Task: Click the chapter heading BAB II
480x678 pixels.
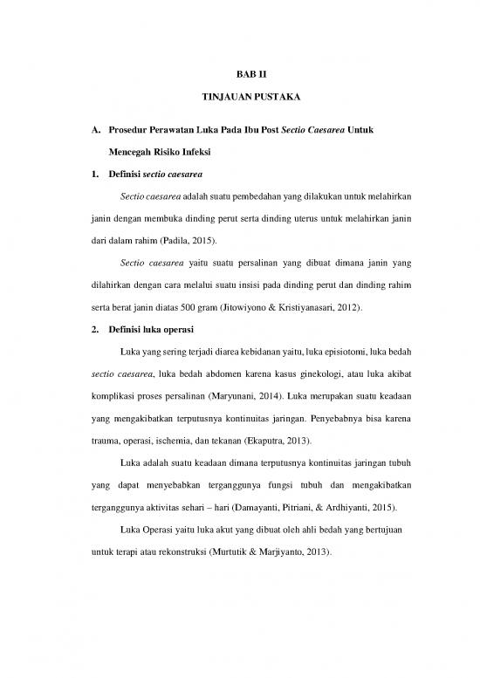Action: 239,76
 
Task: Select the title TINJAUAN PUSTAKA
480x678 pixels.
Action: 239,102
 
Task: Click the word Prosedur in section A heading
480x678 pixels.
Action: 128,130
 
